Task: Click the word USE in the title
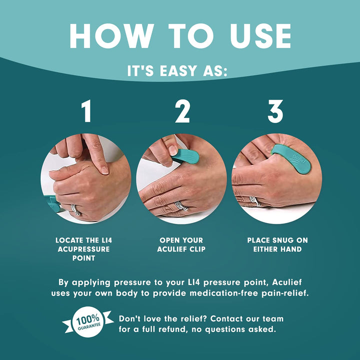pyautogui.click(x=260, y=36)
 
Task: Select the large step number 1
pyautogui.click(x=87, y=111)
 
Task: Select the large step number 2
pyautogui.click(x=182, y=111)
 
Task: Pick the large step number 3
pyautogui.click(x=275, y=111)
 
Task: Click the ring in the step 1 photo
pyautogui.click(x=76, y=209)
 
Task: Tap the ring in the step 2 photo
pyautogui.click(x=181, y=205)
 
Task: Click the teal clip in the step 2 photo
pyautogui.click(x=185, y=156)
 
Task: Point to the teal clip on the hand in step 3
pyautogui.click(x=290, y=158)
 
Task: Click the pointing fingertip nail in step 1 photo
pyautogui.click(x=104, y=170)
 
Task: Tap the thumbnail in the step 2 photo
pyautogui.click(x=172, y=150)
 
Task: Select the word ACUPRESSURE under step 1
pyautogui.click(x=83, y=249)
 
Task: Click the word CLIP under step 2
pyautogui.click(x=197, y=249)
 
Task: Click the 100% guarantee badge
pyautogui.click(x=88, y=321)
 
